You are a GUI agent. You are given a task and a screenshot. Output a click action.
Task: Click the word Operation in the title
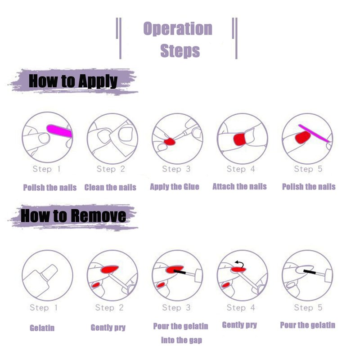pyautogui.click(x=177, y=29)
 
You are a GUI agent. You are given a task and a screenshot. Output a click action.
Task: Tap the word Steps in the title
pyautogui.click(x=180, y=50)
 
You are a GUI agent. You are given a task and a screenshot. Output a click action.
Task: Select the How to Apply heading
pyautogui.click(x=73, y=81)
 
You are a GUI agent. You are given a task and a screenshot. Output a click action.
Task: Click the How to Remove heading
pyautogui.click(x=73, y=216)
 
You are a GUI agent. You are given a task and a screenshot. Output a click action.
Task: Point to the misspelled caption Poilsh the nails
pyautogui.click(x=49, y=187)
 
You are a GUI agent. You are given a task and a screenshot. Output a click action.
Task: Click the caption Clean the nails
pyautogui.click(x=110, y=187)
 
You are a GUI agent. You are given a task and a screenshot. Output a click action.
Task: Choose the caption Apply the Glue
pyautogui.click(x=175, y=186)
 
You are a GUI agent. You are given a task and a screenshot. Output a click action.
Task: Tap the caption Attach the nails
pyautogui.click(x=239, y=186)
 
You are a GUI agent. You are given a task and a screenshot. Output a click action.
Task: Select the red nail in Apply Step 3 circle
pyautogui.click(x=170, y=142)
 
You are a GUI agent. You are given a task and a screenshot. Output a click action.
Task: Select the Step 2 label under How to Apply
pyautogui.click(x=110, y=169)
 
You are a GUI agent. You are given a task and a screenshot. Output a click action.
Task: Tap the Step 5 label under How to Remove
pyautogui.click(x=308, y=308)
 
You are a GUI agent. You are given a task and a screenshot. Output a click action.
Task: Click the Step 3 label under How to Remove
pyautogui.click(x=176, y=308)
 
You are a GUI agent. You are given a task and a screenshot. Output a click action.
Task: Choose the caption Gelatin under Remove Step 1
pyautogui.click(x=42, y=328)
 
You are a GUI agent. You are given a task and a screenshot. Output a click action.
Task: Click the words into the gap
pyautogui.click(x=181, y=340)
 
